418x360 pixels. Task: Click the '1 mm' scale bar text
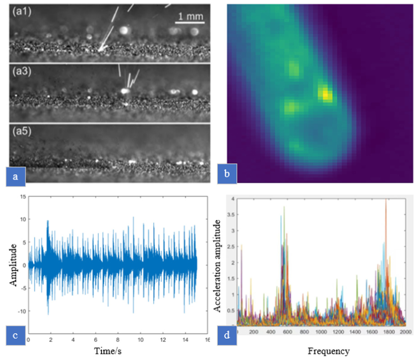pyautogui.click(x=189, y=17)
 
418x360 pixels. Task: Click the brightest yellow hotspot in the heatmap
pyautogui.click(x=325, y=94)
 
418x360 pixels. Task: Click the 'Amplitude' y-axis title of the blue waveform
pyautogui.click(x=14, y=265)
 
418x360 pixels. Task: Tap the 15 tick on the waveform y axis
pyautogui.click(x=22, y=196)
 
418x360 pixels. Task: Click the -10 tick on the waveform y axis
pyautogui.click(x=21, y=311)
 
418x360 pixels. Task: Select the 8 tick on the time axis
pyautogui.click(x=118, y=340)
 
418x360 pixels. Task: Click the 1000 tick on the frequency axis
pyautogui.click(x=320, y=332)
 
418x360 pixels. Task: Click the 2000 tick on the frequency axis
pyautogui.click(x=405, y=332)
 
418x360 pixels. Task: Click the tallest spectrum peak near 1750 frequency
pyautogui.click(x=386, y=200)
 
